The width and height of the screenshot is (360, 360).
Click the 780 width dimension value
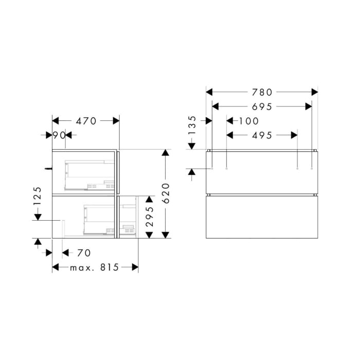pos(262,93)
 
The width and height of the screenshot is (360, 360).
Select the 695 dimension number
pos(262,106)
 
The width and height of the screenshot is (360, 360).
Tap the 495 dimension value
pos(262,135)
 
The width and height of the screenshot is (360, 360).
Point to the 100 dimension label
pos(248,121)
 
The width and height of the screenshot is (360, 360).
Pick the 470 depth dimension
pos(86,121)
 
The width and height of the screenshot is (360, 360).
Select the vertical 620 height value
pos(166,193)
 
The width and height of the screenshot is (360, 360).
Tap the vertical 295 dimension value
pos(148,217)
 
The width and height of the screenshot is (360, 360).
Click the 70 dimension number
pos(84,253)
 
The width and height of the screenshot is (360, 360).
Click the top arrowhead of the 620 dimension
pos(166,153)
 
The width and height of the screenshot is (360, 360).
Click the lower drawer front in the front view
pos(262,217)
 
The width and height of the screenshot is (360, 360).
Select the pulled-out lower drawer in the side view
pos(128,217)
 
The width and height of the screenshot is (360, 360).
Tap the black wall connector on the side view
pos(48,168)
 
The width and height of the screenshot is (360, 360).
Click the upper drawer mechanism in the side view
pos(87,174)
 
